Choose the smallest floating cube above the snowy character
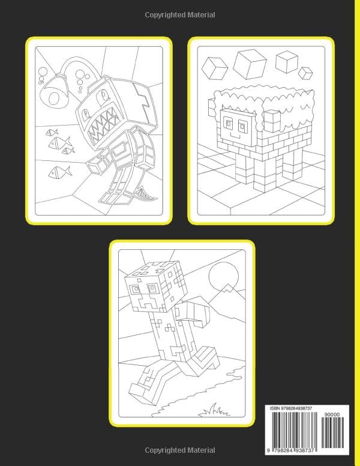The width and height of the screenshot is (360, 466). (307, 73)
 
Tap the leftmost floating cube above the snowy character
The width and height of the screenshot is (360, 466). (214, 67)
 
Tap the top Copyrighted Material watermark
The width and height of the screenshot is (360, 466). (180, 14)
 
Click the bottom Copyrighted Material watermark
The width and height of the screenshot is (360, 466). (180, 449)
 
